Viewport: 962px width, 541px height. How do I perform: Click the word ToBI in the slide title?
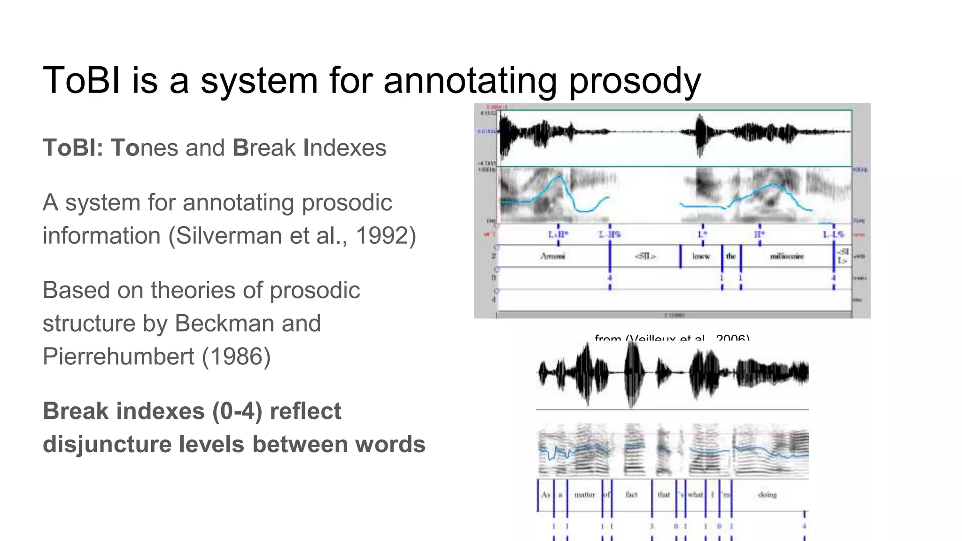coord(81,80)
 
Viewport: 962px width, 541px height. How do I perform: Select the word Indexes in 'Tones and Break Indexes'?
coord(345,148)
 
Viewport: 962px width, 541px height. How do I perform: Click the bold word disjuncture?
coord(107,444)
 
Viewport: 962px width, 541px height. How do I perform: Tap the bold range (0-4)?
coord(237,411)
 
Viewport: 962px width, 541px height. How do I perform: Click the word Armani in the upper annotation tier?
coord(553,256)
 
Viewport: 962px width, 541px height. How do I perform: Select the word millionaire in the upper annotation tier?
coord(787,256)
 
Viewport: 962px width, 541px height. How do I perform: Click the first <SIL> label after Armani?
coord(645,256)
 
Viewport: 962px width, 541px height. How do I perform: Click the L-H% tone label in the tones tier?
coord(610,234)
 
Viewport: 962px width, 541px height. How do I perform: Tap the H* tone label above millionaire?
coord(760,234)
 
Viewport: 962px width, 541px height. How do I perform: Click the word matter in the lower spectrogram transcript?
coord(584,495)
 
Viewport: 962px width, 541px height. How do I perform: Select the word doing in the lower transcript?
coord(767,495)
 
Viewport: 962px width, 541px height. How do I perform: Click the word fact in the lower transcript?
coord(631,495)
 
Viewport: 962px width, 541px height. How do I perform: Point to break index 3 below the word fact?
coord(652,526)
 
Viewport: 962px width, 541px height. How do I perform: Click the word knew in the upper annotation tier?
coord(701,256)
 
